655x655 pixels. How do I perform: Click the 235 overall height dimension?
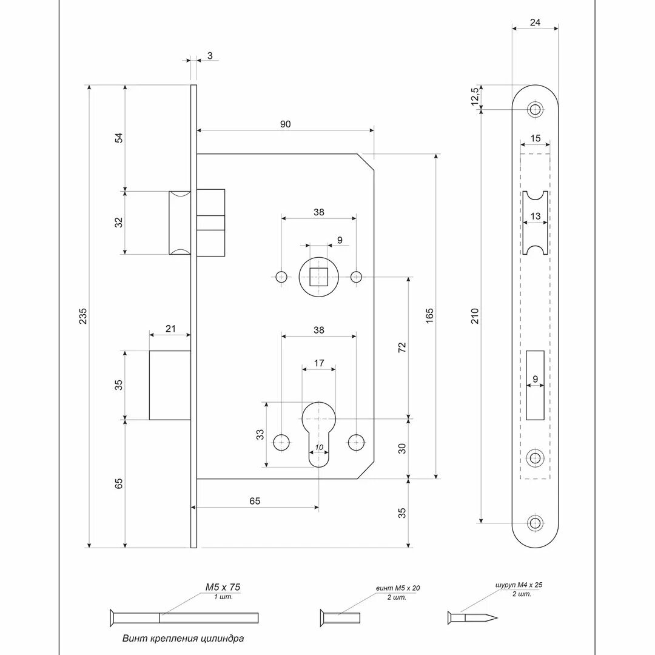click(x=83, y=317)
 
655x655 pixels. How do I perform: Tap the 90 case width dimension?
click(x=285, y=124)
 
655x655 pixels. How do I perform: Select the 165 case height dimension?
click(x=429, y=315)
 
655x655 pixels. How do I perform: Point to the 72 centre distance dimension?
click(x=401, y=347)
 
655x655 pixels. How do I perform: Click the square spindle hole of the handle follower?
click(x=316, y=277)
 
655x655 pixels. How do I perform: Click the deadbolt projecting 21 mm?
click(x=170, y=385)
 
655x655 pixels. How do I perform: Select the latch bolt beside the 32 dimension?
click(x=181, y=222)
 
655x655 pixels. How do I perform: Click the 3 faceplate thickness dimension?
click(x=209, y=56)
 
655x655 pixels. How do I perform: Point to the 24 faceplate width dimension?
click(x=534, y=22)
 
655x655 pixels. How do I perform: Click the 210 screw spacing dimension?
click(x=475, y=315)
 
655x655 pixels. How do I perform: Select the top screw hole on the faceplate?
click(x=534, y=109)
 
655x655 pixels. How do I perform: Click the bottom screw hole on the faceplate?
click(x=534, y=523)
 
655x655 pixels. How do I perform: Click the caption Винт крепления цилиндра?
click(x=183, y=638)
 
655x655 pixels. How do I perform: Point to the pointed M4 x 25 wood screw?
click(x=473, y=618)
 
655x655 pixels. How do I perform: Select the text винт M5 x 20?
click(x=397, y=588)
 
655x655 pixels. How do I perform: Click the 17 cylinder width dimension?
click(x=318, y=363)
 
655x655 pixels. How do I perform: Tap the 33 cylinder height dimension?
click(x=260, y=434)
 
